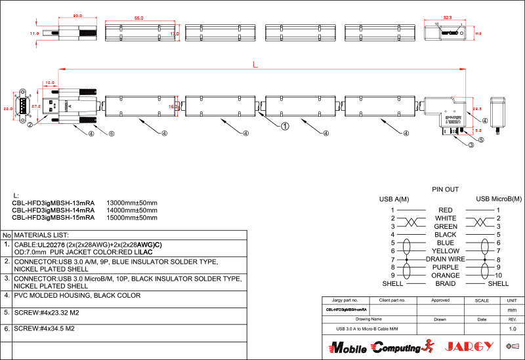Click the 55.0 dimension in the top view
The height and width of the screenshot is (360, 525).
click(139, 18)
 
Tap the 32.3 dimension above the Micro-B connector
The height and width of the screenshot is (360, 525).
click(448, 18)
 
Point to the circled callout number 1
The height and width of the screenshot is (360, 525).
click(285, 124)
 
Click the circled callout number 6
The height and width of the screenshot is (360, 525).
click(112, 134)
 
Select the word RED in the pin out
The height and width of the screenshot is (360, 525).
click(446, 210)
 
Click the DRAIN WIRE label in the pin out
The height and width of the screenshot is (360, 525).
click(446, 259)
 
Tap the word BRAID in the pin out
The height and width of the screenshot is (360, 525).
click(446, 284)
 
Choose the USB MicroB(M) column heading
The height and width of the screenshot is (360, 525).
click(498, 199)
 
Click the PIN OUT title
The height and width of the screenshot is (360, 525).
click(445, 189)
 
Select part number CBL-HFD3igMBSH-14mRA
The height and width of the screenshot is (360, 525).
click(53, 210)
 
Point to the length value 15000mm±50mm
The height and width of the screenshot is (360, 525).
click(132, 217)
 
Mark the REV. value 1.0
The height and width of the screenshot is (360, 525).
click(513, 328)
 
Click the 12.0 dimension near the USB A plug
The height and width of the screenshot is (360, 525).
click(50, 83)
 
